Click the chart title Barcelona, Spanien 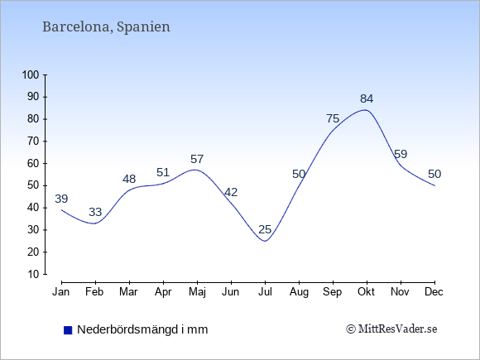coord(106,27)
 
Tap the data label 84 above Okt coord(367,98)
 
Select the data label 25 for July coord(265,229)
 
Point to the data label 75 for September coord(333,118)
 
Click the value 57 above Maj coord(197,159)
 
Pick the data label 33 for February coord(95,212)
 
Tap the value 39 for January coord(61,199)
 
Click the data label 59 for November coord(401,154)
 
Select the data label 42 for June coord(231,192)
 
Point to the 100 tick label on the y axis coord(31,75)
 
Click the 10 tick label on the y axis coord(34,274)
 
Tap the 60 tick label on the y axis coord(34,164)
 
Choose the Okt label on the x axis coord(366,292)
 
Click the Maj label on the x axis coord(197,292)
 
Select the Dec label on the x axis coord(434,292)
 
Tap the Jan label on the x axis coord(61,292)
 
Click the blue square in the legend coord(68,330)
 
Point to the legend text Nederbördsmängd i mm coord(142,329)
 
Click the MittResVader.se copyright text coord(391,329)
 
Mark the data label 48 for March coord(129,179)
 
